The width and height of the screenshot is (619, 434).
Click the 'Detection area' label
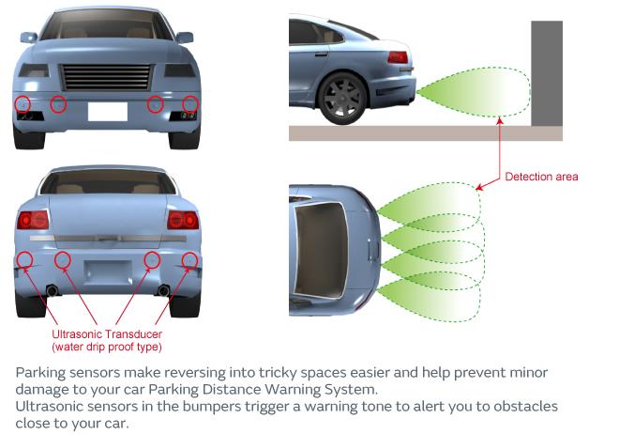[x=541, y=177]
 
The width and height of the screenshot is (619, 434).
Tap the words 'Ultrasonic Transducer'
[x=107, y=334]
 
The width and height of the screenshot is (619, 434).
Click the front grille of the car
[x=107, y=77]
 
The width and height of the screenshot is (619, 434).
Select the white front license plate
[x=108, y=112]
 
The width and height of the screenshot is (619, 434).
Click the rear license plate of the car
[x=108, y=271]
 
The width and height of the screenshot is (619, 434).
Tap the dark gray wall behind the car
[x=547, y=73]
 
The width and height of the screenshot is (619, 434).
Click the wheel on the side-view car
[x=342, y=98]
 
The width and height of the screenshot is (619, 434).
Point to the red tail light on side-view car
[x=397, y=57]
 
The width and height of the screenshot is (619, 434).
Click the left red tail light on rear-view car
[x=33, y=220]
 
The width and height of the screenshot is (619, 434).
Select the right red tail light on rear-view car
[x=183, y=220]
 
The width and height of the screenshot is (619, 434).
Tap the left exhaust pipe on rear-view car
[x=53, y=290]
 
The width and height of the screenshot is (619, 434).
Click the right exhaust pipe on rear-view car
[x=163, y=290]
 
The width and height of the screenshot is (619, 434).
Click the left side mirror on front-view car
[x=28, y=38]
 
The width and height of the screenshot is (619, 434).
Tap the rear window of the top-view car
[x=321, y=251]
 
